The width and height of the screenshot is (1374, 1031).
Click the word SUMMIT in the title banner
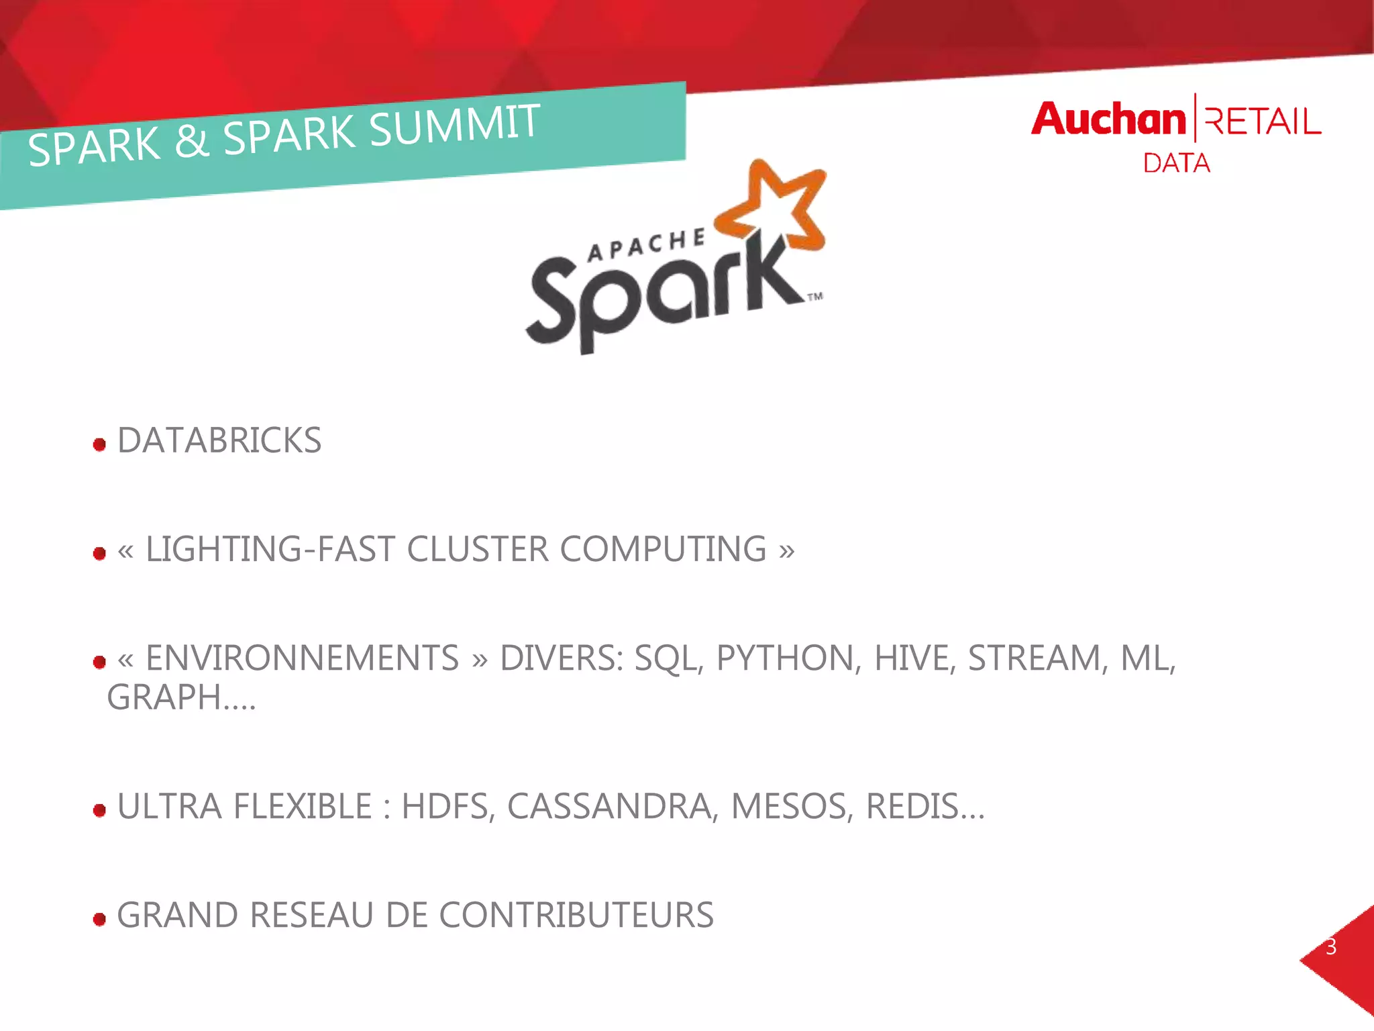[454, 125]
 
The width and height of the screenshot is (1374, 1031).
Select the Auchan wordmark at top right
[1108, 119]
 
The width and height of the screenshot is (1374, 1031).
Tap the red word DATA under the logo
[1176, 163]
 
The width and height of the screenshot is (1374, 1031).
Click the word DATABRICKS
[219, 441]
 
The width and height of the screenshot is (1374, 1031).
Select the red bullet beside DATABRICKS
[100, 444]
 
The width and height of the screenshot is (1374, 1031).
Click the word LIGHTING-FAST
[270, 549]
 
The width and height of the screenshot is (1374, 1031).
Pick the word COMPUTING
[663, 549]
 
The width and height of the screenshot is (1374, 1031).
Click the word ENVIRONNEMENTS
[302, 658]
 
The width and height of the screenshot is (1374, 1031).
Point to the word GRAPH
[164, 697]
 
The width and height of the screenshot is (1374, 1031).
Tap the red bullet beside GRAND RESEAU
[100, 919]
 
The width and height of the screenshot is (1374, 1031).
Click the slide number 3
[1331, 947]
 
